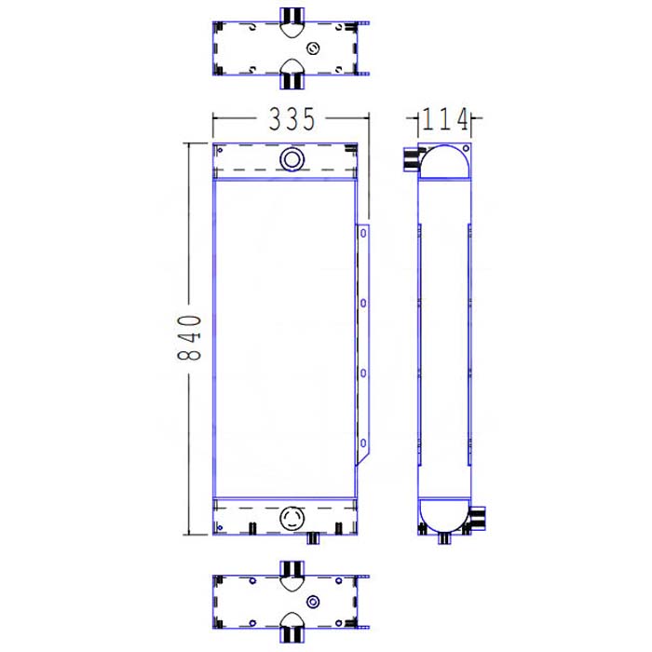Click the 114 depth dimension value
click(x=444, y=119)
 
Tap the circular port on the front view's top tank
click(x=292, y=159)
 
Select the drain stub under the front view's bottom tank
click(x=314, y=537)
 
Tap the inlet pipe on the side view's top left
click(x=410, y=160)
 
